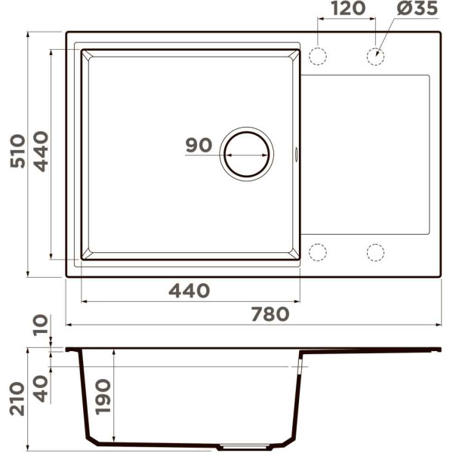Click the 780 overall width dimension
(x=270, y=314)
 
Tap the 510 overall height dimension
(x=18, y=151)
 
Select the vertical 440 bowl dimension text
(x=41, y=152)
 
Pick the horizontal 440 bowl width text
(x=190, y=291)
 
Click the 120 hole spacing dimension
(x=348, y=8)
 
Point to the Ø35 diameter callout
(x=418, y=8)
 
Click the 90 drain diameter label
(x=199, y=145)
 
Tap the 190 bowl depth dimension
(x=103, y=397)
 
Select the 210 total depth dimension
(x=17, y=399)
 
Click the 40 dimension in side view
(x=41, y=389)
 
